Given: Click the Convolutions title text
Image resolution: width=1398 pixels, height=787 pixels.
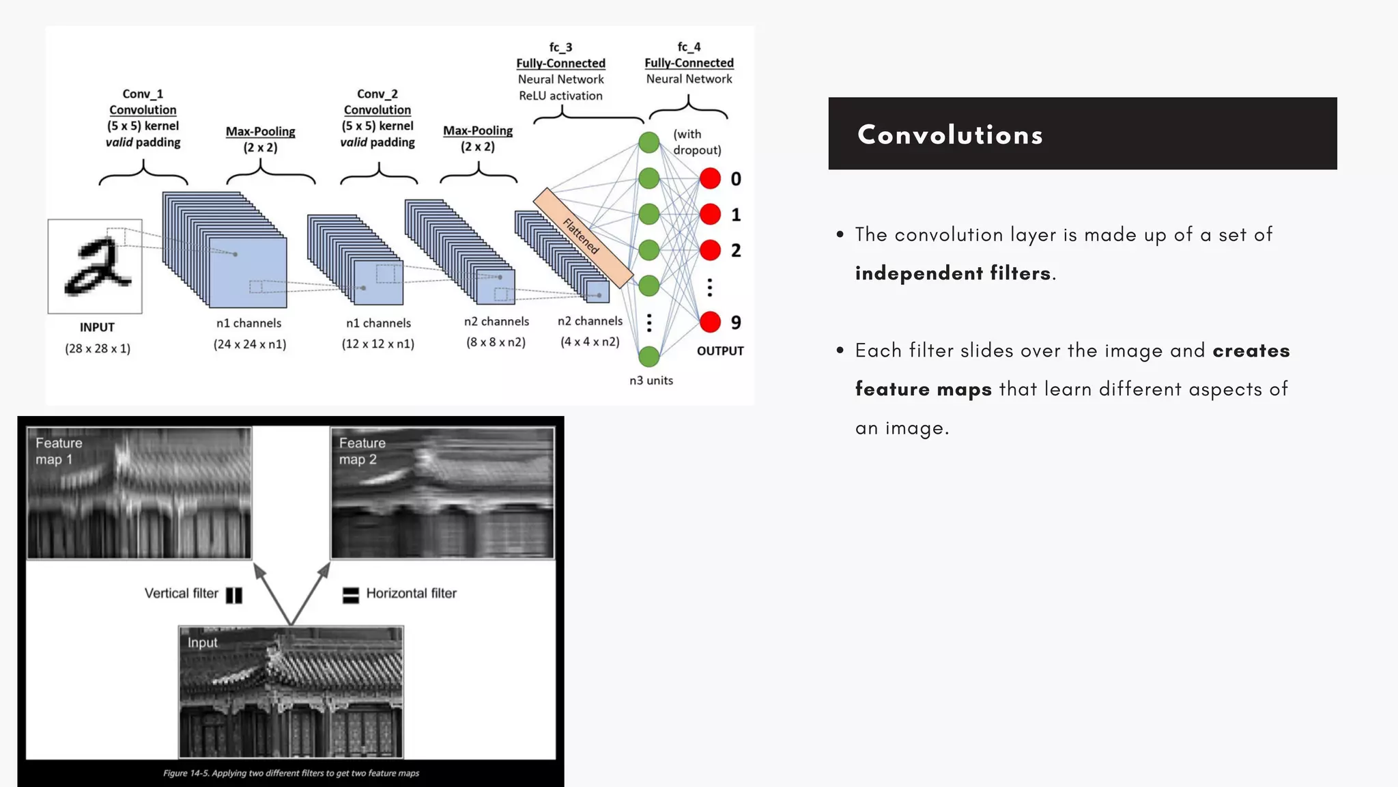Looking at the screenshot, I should tap(950, 135).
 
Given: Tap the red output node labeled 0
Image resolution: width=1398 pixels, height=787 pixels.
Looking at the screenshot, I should tap(710, 179).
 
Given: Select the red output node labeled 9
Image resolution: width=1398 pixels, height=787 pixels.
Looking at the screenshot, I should tap(710, 322).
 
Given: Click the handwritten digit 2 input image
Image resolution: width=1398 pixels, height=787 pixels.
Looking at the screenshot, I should tap(95, 266).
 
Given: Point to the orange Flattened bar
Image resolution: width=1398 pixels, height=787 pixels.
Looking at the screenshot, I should tap(582, 238).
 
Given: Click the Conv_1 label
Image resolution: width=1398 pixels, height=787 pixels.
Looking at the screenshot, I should tap(143, 94).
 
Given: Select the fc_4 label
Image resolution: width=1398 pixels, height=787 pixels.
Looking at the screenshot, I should tap(689, 47).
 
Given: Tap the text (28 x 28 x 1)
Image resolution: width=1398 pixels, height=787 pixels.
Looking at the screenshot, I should tap(98, 348).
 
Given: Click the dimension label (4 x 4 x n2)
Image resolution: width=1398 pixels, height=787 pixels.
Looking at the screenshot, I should tap(590, 342).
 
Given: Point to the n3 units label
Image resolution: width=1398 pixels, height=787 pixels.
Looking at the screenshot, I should tap(651, 381).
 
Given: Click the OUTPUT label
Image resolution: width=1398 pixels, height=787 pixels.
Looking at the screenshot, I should tap(719, 351).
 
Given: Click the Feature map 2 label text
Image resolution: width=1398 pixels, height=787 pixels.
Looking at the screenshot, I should tap(362, 452).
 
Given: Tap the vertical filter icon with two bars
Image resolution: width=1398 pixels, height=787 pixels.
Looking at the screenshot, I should tap(234, 595).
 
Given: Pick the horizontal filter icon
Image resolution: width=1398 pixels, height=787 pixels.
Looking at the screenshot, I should tap(350, 595).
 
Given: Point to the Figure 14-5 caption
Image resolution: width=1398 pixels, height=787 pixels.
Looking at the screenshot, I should tap(291, 773).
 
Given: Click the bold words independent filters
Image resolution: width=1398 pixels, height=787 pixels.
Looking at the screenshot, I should tap(952, 273).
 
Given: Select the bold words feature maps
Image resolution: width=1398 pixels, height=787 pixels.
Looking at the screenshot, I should tap(923, 389).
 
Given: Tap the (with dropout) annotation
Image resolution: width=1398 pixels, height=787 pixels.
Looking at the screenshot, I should tap(696, 142).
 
